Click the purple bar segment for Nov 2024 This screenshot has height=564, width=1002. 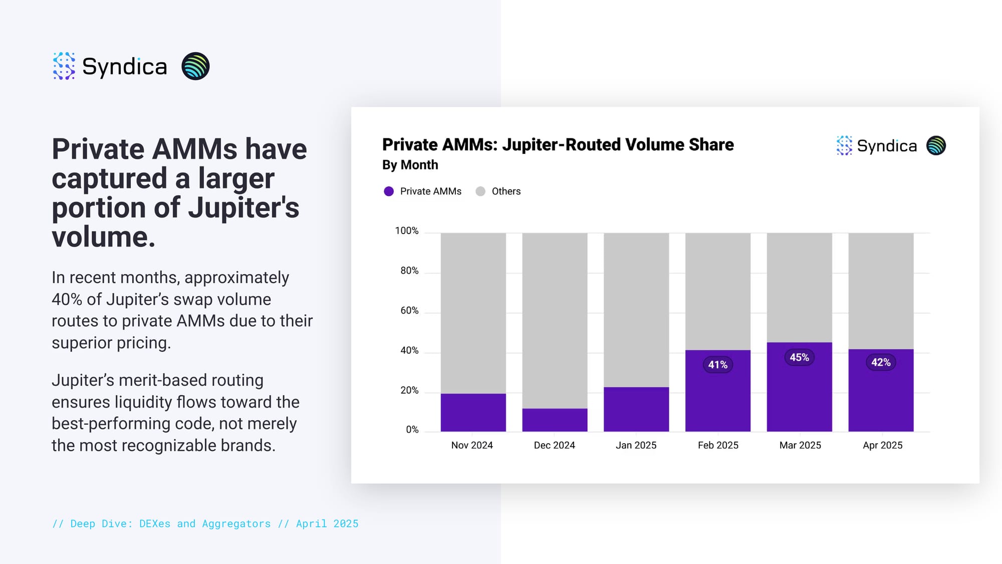[x=473, y=412]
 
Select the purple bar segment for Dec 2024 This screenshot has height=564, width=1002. [x=555, y=420]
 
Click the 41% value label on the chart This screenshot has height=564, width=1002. [x=717, y=365]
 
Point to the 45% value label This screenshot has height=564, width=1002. [x=799, y=357]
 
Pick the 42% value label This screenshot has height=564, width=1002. [x=881, y=362]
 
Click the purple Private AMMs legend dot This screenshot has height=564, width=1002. [x=389, y=192]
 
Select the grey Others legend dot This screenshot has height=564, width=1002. [x=480, y=192]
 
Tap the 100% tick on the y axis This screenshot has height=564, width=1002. [x=406, y=231]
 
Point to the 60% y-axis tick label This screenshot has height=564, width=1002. [x=409, y=311]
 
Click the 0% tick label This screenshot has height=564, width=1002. [x=412, y=430]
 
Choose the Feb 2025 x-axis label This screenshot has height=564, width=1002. [x=718, y=445]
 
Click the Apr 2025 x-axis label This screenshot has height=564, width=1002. [x=882, y=445]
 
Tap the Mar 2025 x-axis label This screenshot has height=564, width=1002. [x=800, y=445]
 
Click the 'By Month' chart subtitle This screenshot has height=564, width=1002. [x=410, y=165]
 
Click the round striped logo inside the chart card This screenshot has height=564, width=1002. [x=936, y=146]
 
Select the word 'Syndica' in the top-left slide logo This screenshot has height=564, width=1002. [x=124, y=67]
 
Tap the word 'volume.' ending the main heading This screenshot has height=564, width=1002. [x=103, y=237]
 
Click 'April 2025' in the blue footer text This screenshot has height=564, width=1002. [x=327, y=524]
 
